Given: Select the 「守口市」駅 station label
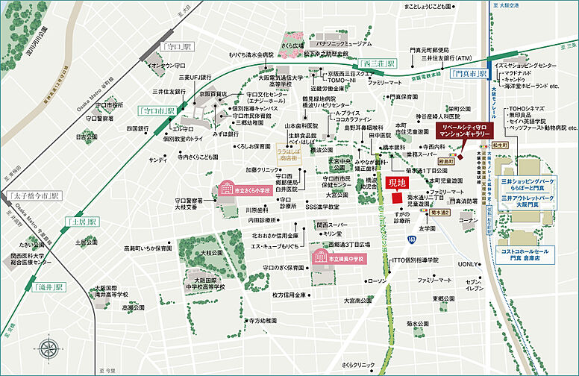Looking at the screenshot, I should (157, 110).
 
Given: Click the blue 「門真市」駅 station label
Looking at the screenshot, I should (470, 74).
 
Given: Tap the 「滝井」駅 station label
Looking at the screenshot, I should (49, 286).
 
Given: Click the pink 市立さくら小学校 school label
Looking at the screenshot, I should (244, 190).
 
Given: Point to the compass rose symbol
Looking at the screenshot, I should (51, 349).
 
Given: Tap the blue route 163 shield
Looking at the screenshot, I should (411, 238).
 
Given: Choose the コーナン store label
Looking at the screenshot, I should (468, 221).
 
